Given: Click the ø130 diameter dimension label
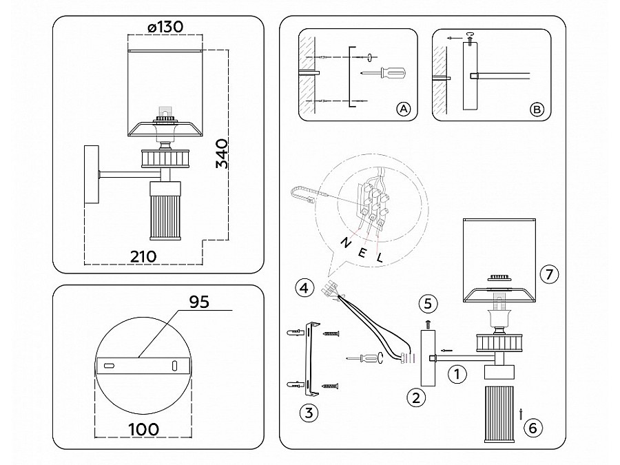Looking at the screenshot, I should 165,26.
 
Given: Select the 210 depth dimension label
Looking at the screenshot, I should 143,256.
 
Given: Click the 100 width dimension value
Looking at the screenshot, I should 144,428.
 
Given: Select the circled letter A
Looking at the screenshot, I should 404,109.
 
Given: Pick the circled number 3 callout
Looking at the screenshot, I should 309,413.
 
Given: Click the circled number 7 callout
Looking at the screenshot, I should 548,274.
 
